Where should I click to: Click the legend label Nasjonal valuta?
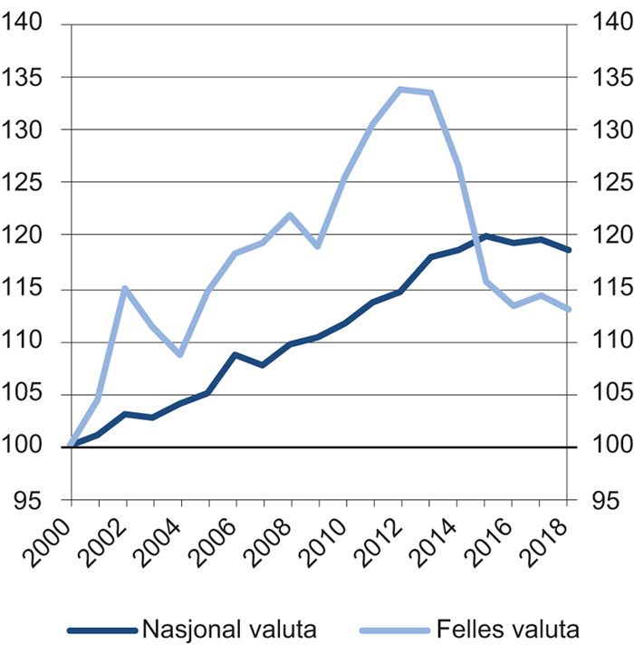[x=229, y=629]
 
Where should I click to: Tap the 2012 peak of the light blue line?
[x=400, y=89]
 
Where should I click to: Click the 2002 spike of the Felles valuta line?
[x=125, y=289]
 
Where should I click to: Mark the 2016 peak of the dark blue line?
[x=512, y=236]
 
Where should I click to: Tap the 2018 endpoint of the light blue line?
[x=567, y=310]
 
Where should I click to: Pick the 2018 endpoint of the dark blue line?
[x=567, y=250]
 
